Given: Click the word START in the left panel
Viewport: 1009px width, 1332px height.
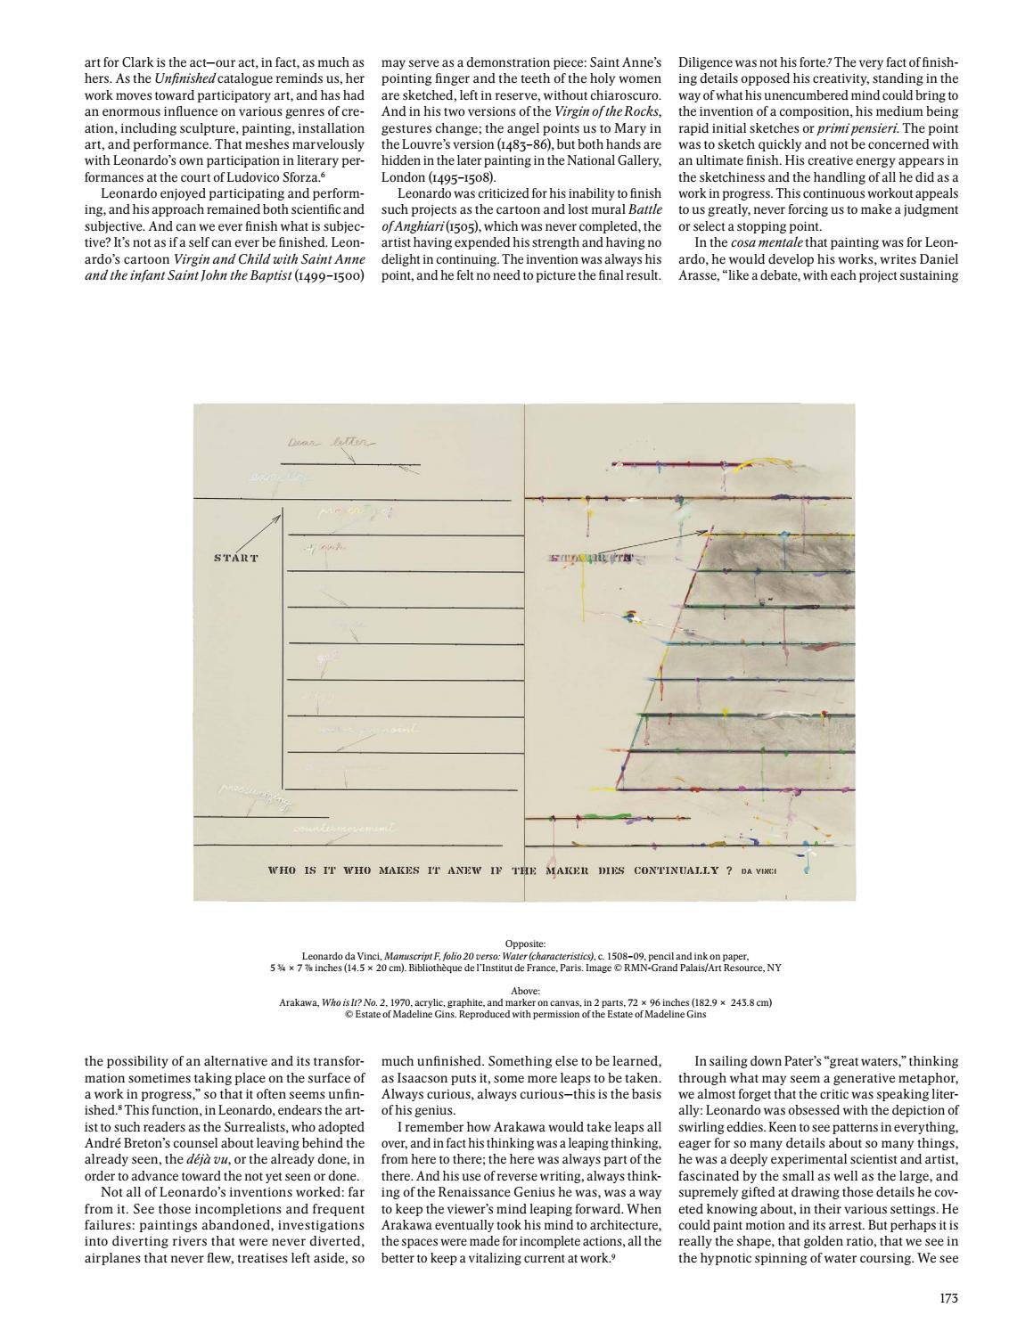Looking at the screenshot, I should click(236, 559).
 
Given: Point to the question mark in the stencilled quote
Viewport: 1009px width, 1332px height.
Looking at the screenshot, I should click(728, 870).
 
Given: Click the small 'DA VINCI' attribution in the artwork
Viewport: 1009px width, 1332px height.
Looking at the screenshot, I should click(759, 870).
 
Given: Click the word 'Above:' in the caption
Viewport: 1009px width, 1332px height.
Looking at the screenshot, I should click(524, 990).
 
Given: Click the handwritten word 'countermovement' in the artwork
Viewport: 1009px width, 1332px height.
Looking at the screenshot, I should click(344, 829).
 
